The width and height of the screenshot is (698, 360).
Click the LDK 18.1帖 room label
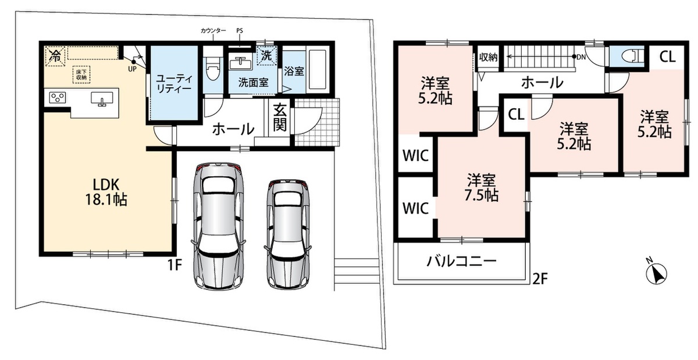pos(106,193)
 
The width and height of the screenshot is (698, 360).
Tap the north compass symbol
pos(656,272)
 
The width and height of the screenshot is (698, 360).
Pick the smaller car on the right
pos(288,233)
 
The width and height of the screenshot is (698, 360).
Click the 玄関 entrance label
pos(280,118)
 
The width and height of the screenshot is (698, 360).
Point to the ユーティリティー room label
pos(174,83)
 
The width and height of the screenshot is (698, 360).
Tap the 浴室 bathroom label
pos(294,71)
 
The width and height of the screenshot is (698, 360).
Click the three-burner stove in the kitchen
pos(58,98)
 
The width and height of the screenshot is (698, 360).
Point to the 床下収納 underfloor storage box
pos(81,74)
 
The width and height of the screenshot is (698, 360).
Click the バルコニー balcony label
pos(461,261)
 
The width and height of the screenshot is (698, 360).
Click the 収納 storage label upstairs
pos(488,58)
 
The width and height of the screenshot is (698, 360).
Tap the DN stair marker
pos(579,57)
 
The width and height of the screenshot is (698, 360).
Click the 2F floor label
pos(540,279)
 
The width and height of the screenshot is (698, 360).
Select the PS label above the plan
pos(239,31)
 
